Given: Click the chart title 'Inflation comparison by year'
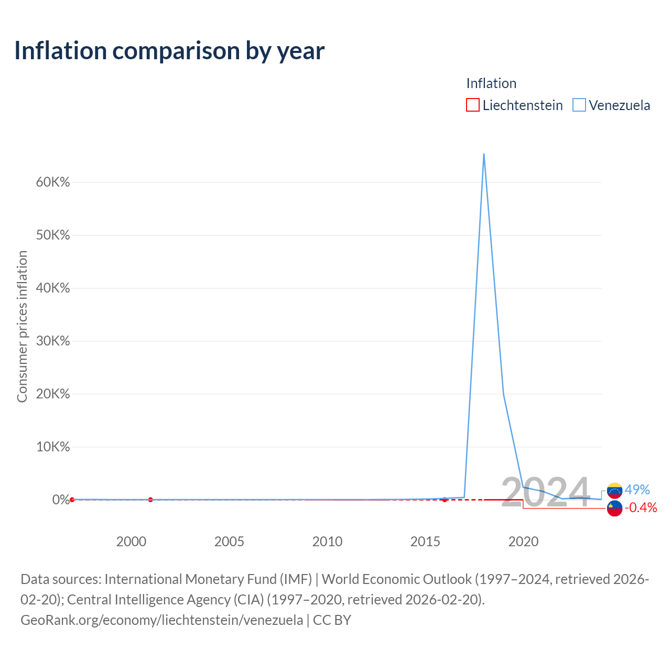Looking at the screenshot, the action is (169, 51).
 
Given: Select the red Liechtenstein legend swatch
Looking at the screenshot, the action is (472, 105).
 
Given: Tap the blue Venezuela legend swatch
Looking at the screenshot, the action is (579, 105).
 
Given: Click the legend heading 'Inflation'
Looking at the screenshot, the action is (491, 83).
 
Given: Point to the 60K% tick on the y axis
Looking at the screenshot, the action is (53, 182).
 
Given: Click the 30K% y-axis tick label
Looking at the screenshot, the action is (53, 341).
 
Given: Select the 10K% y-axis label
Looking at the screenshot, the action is (53, 447).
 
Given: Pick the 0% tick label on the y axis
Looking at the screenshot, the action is (61, 500).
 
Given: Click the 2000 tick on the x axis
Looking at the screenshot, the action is (131, 542).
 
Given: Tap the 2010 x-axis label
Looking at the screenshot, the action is (327, 542).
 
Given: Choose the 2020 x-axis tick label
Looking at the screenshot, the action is (523, 542).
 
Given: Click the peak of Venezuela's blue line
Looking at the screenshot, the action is (484, 154).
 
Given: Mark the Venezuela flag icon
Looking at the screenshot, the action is (614, 491).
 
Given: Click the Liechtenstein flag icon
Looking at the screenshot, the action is (614, 508).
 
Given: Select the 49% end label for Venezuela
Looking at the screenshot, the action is (637, 490).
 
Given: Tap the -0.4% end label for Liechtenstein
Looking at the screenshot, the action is (641, 507).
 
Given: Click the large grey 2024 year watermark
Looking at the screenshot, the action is (546, 492).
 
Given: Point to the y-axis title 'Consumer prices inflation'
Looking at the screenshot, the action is (23, 326).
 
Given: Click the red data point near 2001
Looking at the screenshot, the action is (150, 500).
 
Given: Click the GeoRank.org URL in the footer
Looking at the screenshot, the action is (162, 620).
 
